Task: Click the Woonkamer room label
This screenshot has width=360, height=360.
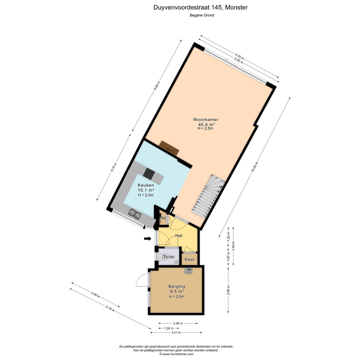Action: [205, 119]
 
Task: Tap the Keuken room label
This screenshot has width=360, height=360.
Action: [146, 185]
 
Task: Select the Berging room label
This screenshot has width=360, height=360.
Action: [177, 286]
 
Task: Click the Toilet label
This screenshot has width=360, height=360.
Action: [169, 257]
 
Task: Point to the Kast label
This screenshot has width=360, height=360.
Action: [189, 259]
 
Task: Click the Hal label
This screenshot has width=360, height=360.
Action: [179, 235]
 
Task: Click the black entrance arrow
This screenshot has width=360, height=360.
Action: [147, 238]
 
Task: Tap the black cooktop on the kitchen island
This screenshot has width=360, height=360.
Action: [149, 173]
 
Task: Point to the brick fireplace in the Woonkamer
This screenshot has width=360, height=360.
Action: [169, 147]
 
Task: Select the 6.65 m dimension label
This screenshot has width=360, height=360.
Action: [157, 86]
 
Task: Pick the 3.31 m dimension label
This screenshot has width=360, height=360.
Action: [176, 332]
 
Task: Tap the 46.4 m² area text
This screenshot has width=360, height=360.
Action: [206, 124]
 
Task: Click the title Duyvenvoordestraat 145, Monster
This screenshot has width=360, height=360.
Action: [200, 7]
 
